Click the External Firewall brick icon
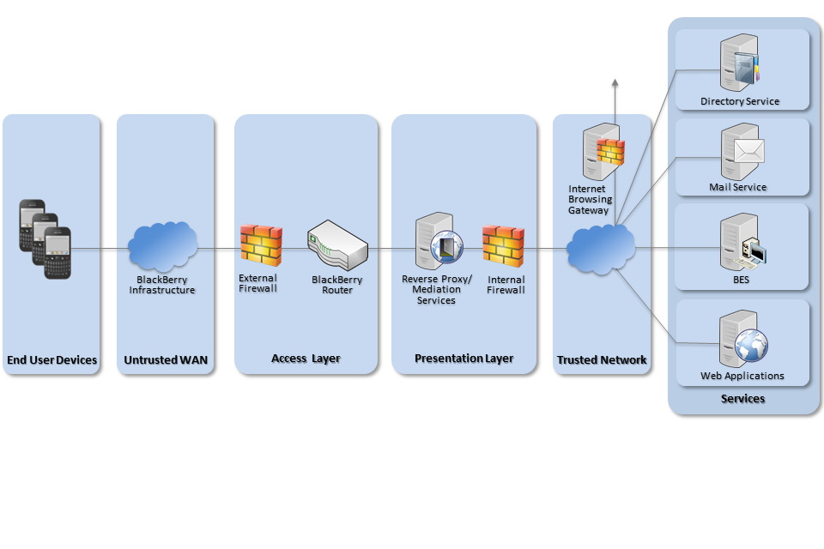261,244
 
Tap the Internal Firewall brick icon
503,245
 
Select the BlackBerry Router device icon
337,246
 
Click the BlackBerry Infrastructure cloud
162,246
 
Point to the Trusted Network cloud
601,247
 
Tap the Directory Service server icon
740,63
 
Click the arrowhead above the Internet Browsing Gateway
615,83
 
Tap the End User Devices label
51,360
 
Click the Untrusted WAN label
165,360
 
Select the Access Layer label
306,359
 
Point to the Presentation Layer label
463,359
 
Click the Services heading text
742,399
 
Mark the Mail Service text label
737,187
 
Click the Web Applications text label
742,376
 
